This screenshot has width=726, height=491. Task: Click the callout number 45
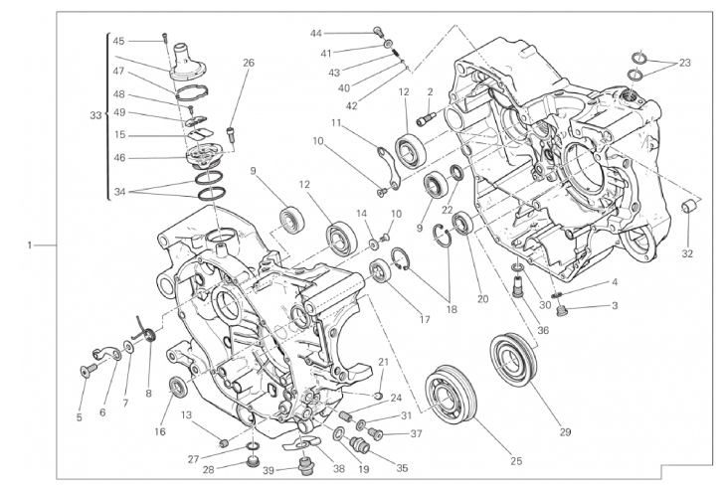(118, 41)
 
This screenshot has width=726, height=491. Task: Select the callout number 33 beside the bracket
(95, 115)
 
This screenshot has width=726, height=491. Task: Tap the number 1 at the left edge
(30, 245)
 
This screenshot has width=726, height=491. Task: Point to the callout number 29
(565, 432)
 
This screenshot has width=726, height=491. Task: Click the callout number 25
(516, 461)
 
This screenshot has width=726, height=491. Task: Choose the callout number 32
(687, 253)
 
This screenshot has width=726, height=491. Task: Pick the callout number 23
(685, 63)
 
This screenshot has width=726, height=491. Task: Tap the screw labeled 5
(88, 370)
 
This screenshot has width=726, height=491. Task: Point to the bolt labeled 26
(231, 134)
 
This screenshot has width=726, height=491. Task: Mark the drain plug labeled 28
(253, 461)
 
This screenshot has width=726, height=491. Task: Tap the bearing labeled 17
(380, 270)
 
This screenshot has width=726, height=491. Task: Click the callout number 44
(316, 34)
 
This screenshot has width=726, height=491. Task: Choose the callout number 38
(339, 469)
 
